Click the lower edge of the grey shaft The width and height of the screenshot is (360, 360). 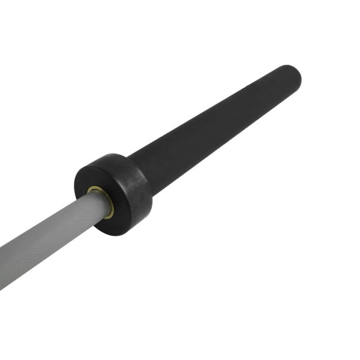[x=54, y=252]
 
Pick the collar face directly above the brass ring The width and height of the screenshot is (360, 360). [x=99, y=174]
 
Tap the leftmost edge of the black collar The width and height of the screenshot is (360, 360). [x=76, y=180]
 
